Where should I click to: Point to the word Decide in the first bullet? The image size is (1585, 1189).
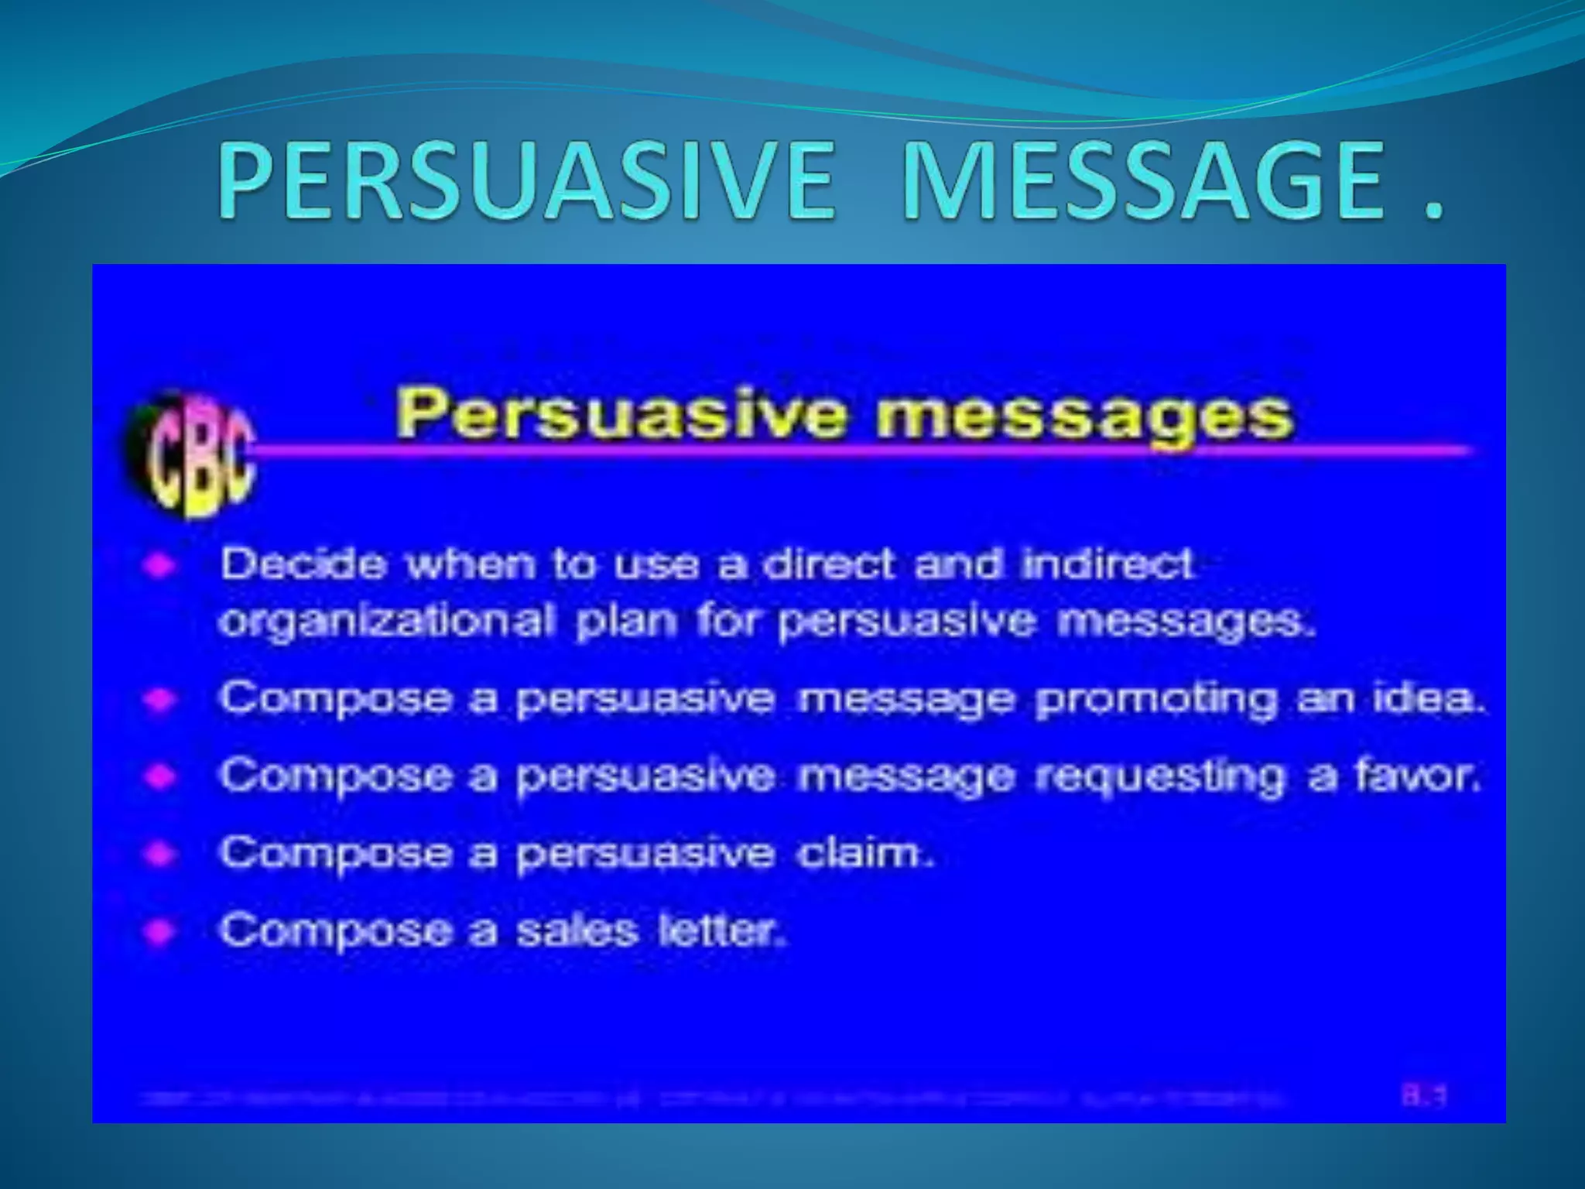click(303, 564)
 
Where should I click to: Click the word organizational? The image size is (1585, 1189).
click(387, 621)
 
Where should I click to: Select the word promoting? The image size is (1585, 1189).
click(1156, 699)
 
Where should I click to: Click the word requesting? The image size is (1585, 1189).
click(1159, 776)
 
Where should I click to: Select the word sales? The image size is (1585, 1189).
click(577, 930)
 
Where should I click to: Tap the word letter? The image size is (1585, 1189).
click(721, 930)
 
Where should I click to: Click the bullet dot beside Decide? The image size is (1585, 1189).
click(159, 565)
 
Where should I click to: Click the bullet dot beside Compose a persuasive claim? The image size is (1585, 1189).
click(159, 854)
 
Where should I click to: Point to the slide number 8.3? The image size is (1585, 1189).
click(1424, 1096)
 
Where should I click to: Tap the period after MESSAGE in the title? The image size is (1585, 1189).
click(1431, 213)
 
